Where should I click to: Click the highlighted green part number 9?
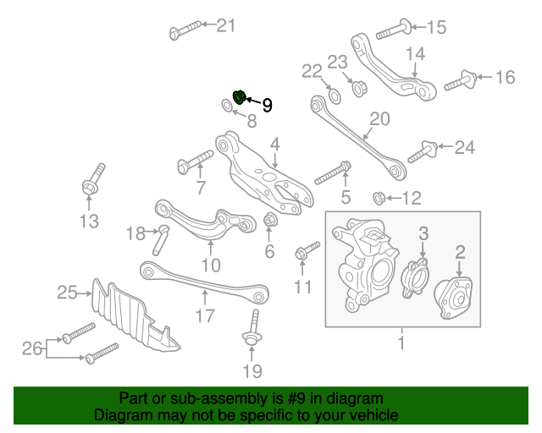point(239,97)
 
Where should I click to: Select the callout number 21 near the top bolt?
point(226,25)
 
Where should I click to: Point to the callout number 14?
point(414,54)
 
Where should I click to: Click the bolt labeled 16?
point(456,81)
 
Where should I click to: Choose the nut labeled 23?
point(357,86)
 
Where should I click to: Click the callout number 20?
point(379,119)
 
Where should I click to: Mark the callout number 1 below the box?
point(401,344)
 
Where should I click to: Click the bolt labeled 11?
point(307,249)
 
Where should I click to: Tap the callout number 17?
point(205,318)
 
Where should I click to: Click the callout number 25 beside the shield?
point(68,293)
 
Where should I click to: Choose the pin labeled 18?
point(159,239)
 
